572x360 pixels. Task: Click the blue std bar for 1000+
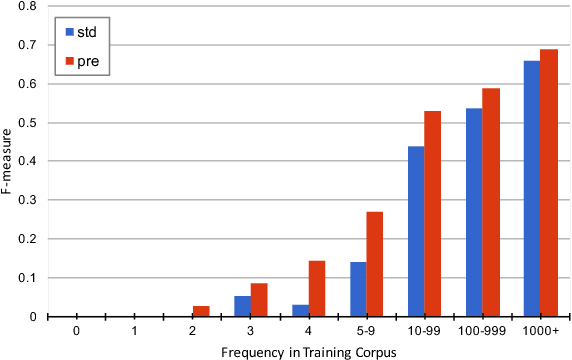click(532, 189)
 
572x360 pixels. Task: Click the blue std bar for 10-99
click(416, 231)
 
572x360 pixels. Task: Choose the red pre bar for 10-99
click(432, 214)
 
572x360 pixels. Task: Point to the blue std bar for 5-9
click(358, 289)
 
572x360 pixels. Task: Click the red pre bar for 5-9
click(374, 264)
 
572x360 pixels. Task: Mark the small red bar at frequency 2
click(201, 311)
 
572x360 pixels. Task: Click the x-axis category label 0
click(76, 328)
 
